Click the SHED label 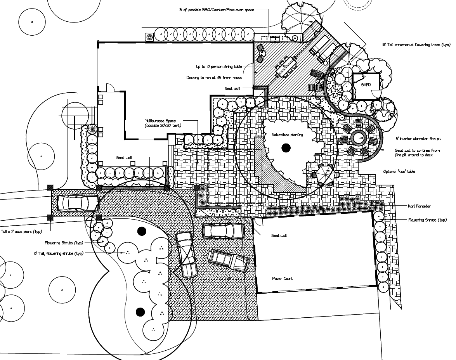(366, 85)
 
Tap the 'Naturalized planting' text (288, 135)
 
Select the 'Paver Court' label (282, 279)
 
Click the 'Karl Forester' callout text (419, 206)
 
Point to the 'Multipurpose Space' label (163, 121)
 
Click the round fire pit (358, 138)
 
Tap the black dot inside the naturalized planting (286, 147)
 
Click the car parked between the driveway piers (78, 202)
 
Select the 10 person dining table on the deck (286, 66)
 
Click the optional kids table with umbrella (324, 174)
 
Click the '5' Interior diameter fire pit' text (418, 138)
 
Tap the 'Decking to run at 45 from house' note (214, 78)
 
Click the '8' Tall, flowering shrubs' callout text (59, 253)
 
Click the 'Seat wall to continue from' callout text (417, 150)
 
